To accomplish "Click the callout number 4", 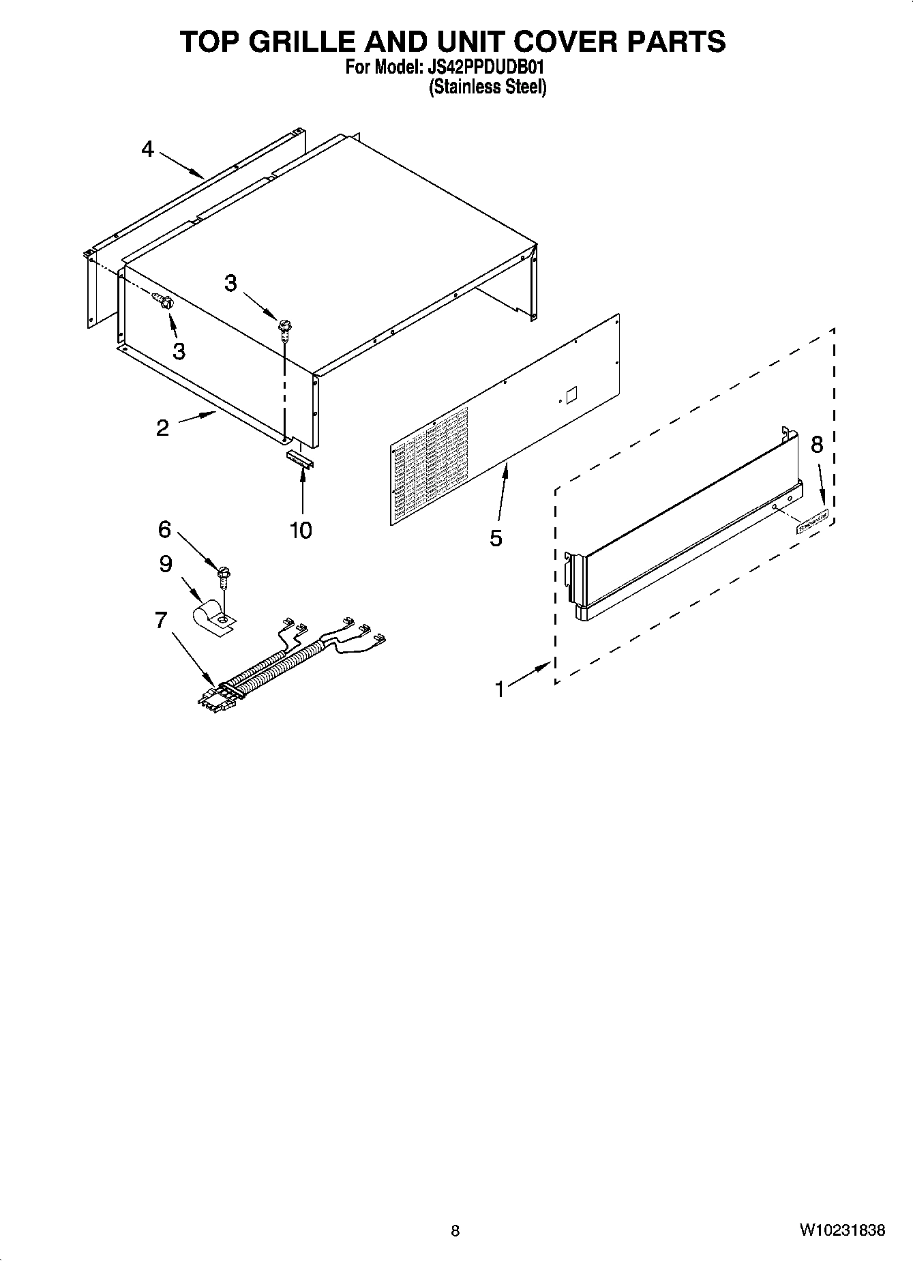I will [148, 149].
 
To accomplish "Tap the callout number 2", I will [162, 428].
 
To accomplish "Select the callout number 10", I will [301, 530].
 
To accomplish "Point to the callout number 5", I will [496, 538].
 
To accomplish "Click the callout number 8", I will [816, 445].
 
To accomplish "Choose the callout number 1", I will [500, 689].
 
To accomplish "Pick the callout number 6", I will [164, 529].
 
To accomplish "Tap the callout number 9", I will [166, 564].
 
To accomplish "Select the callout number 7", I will [161, 620].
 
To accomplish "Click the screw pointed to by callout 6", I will [222, 577].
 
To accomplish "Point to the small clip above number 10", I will [301, 458].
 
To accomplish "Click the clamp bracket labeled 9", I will [213, 616].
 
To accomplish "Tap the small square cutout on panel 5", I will [571, 395].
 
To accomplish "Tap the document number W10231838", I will [843, 1230].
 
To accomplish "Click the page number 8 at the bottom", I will [455, 1231].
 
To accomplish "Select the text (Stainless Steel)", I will [488, 87].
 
